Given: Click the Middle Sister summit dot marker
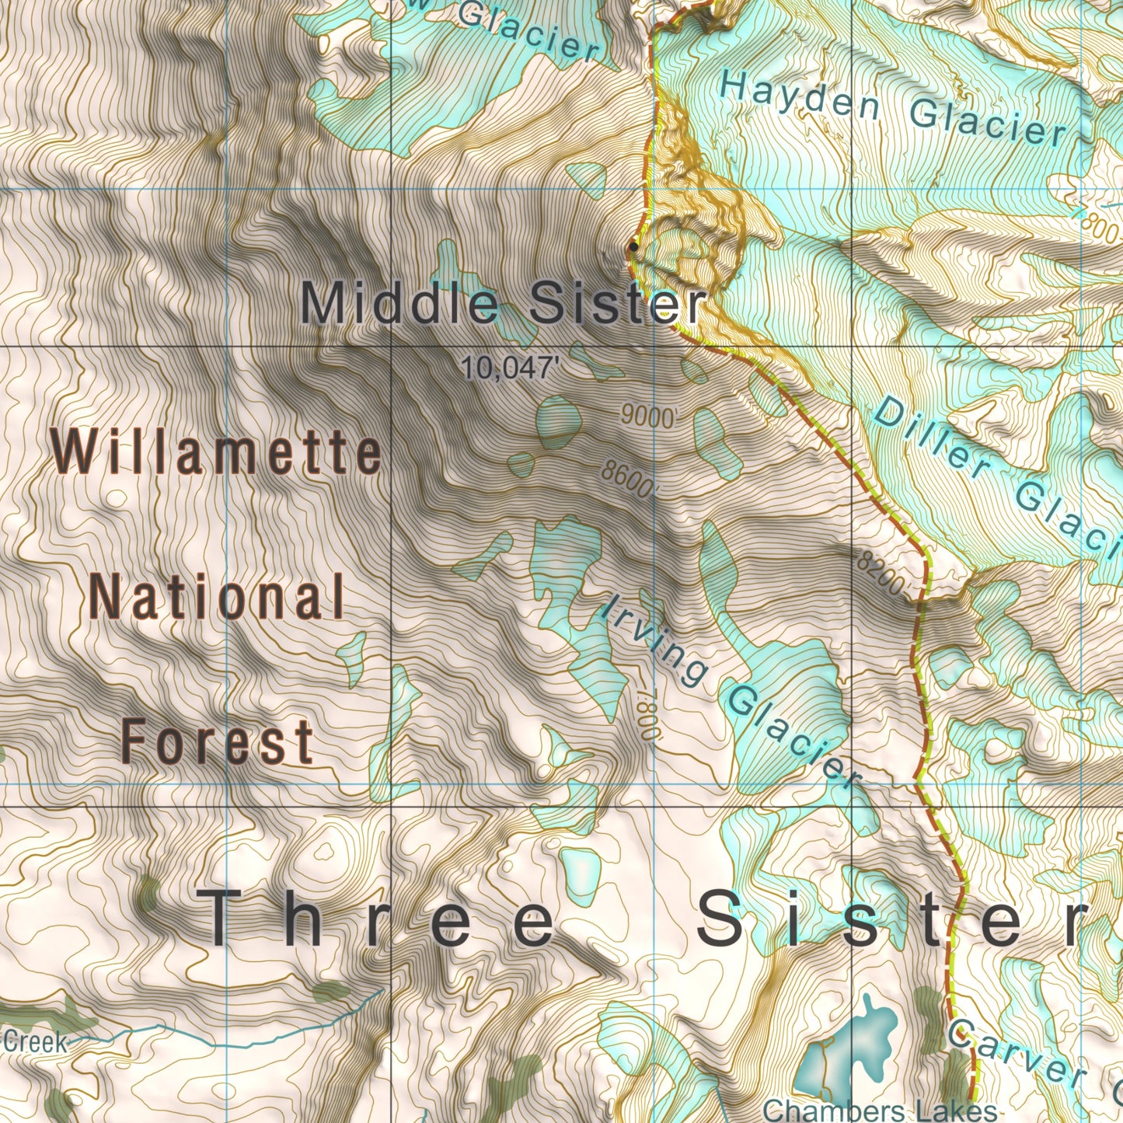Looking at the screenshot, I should (x=633, y=247).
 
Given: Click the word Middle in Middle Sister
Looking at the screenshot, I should (x=399, y=303).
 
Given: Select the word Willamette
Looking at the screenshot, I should (x=217, y=453).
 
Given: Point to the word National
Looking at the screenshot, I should (x=218, y=598).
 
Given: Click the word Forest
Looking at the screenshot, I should (x=218, y=741).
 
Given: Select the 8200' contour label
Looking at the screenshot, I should (x=882, y=574).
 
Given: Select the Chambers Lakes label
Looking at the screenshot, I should (x=880, y=1110).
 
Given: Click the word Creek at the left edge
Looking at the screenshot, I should (x=35, y=1041).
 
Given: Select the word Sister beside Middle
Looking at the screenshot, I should (x=617, y=303).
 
